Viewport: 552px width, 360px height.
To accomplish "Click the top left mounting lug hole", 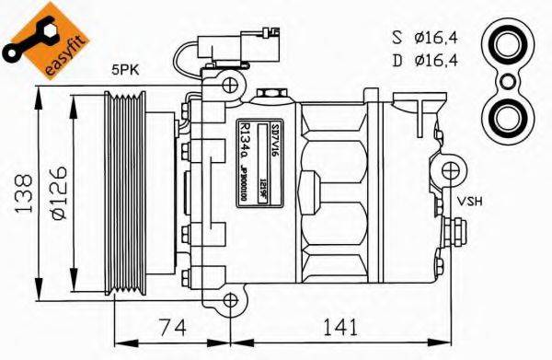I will [229, 85].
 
